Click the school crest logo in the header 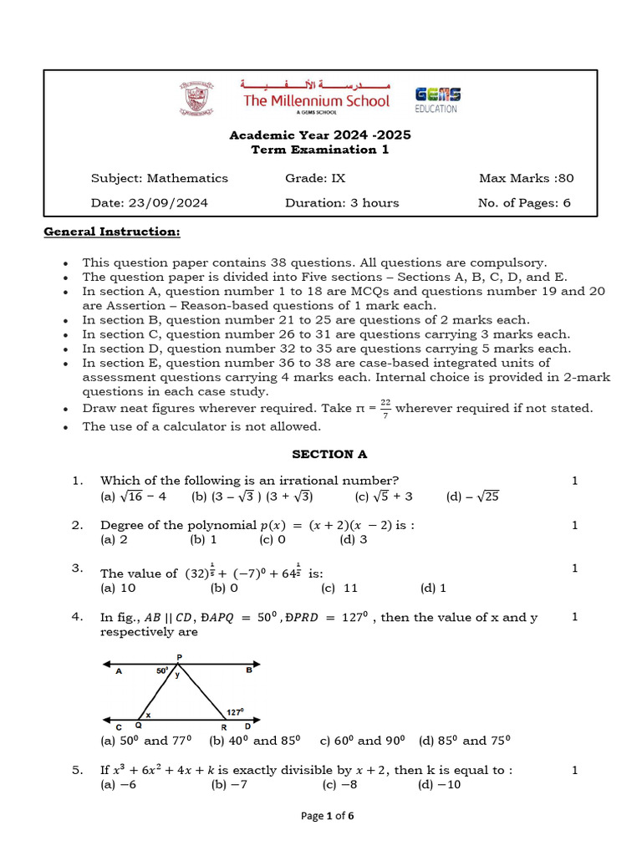point(196,99)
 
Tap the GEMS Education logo point(436,99)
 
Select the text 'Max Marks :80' point(526,177)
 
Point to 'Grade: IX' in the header point(315,177)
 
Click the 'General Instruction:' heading point(112,232)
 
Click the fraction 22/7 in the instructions point(385,409)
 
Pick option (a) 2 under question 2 point(114,540)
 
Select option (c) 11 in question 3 point(339,588)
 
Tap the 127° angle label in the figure point(235,712)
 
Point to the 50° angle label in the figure point(162,670)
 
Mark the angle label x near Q point(149,715)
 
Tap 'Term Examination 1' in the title point(320,150)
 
